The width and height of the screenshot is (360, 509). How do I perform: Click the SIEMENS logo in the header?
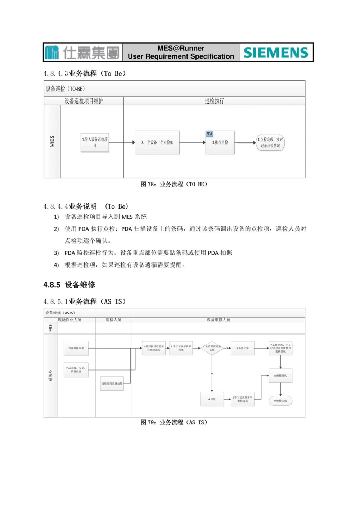[276, 53]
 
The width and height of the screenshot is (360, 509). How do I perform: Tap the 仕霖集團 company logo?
[82, 53]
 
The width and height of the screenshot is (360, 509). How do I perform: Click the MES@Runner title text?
[181, 48]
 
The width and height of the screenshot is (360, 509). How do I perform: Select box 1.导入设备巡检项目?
[95, 142]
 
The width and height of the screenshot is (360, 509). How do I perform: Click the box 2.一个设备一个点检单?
[157, 142]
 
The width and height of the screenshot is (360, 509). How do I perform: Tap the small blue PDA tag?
[209, 134]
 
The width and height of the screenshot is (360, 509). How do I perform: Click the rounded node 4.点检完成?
[270, 142]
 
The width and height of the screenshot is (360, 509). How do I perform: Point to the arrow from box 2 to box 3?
[192, 142]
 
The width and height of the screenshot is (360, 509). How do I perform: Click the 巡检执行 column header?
[214, 101]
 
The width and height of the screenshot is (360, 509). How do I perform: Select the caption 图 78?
[174, 184]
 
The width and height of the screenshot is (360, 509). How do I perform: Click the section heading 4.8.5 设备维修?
[69, 285]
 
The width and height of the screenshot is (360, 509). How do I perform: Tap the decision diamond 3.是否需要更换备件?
[212, 348]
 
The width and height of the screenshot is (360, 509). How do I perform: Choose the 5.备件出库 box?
[242, 348]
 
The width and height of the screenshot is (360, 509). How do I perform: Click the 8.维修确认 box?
[280, 376]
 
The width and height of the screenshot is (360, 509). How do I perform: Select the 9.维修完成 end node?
[280, 401]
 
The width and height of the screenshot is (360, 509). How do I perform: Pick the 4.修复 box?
[212, 399]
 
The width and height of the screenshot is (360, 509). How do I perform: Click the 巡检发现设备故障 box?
[112, 383]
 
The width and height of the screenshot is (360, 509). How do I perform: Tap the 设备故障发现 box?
[76, 348]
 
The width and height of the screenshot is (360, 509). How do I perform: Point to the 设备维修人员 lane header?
[218, 319]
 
